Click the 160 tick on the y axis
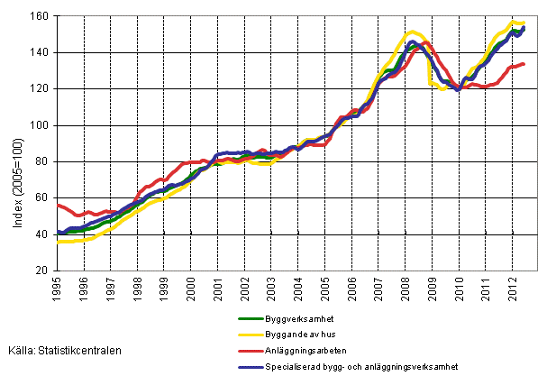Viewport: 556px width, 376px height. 41,16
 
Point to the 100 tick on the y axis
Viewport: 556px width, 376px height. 41,125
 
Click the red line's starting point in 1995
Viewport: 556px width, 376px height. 58,205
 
